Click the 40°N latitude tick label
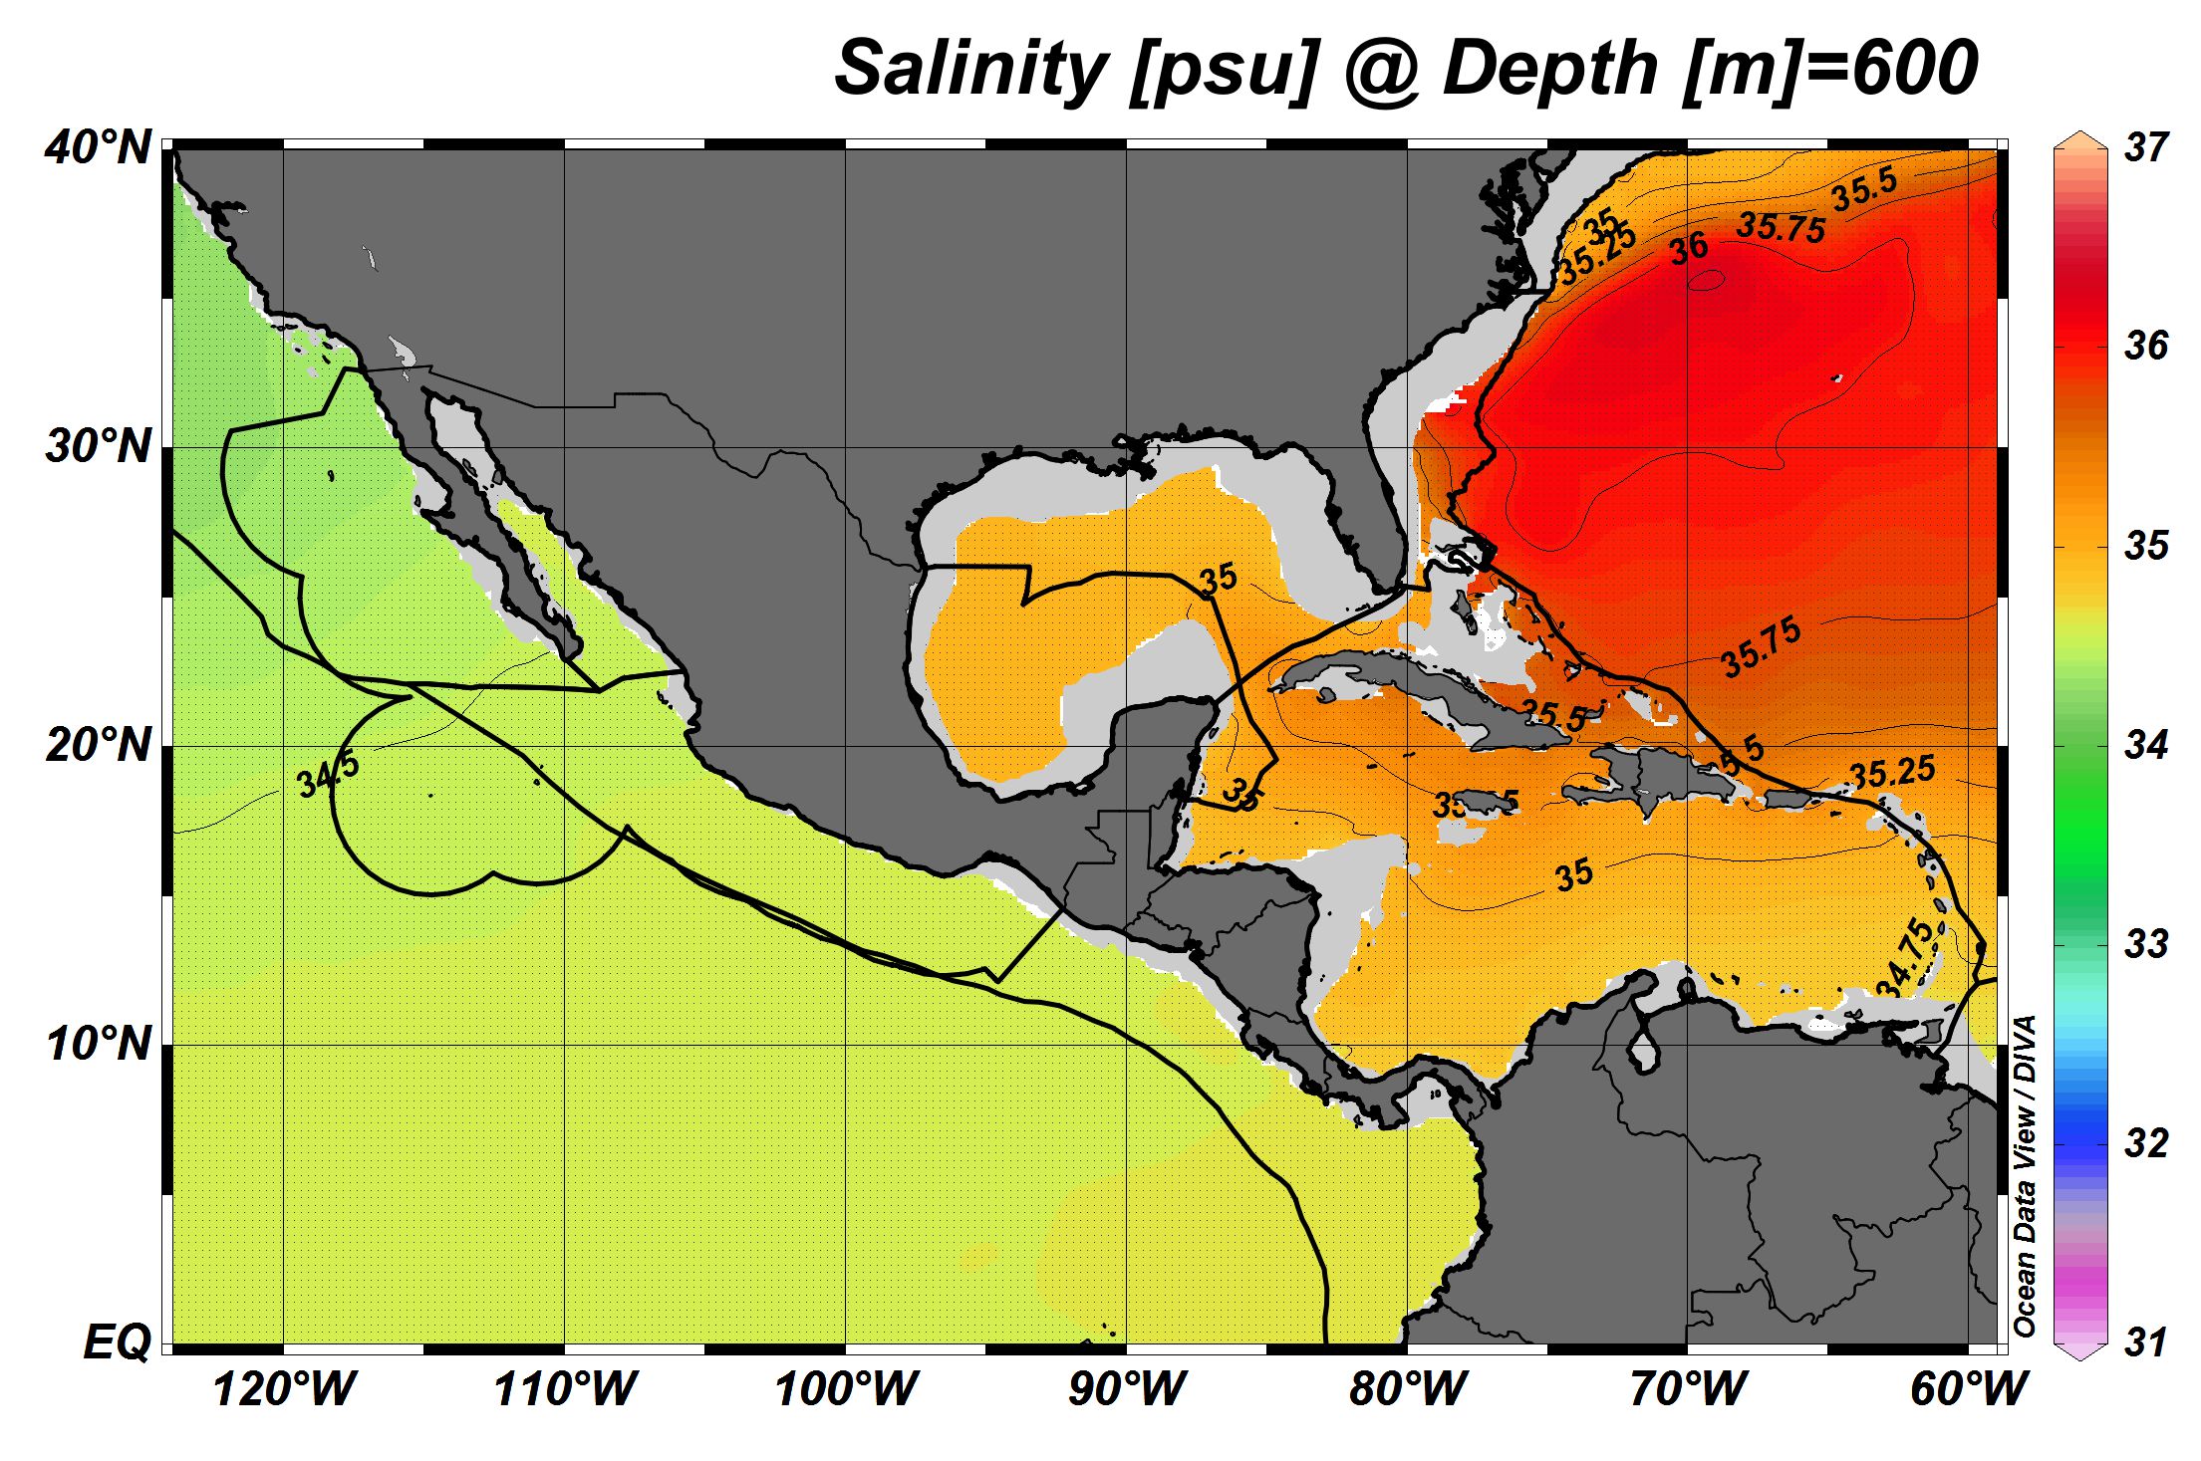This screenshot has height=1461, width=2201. point(98,149)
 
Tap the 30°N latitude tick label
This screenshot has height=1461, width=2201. point(98,448)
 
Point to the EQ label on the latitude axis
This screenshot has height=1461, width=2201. point(118,1343)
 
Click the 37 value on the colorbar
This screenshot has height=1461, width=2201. point(2146,147)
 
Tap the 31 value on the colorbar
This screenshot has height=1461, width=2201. point(2146,1342)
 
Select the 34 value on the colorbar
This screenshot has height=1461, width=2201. point(2146,745)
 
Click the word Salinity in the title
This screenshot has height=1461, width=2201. point(971,68)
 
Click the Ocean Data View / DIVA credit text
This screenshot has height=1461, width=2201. point(2024,1175)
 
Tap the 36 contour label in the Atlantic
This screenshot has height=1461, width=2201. point(1689,248)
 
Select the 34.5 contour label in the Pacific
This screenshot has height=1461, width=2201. point(328,776)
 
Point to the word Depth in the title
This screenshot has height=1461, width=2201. point(1549,68)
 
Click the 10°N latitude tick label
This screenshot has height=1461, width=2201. point(98,1045)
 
